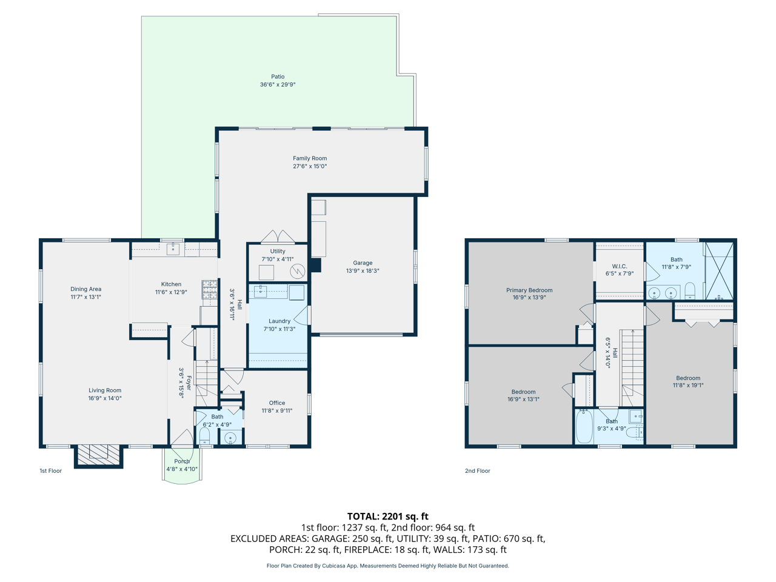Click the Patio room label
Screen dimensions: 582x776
(x=278, y=76)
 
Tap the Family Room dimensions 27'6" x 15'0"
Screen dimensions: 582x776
(x=310, y=166)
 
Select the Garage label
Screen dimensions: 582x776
(x=363, y=263)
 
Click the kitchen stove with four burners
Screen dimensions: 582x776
(x=209, y=289)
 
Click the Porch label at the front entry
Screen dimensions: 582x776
(x=182, y=461)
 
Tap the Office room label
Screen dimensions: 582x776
(x=277, y=403)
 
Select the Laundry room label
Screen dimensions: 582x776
(x=279, y=321)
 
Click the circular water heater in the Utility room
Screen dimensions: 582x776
(x=297, y=271)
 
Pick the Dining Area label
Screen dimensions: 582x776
(x=86, y=289)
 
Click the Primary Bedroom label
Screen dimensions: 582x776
(x=529, y=290)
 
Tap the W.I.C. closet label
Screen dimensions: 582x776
(x=620, y=266)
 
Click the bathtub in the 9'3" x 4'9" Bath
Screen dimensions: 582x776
(x=584, y=427)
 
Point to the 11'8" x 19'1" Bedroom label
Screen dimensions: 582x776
(x=688, y=378)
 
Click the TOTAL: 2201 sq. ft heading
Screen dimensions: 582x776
(x=388, y=517)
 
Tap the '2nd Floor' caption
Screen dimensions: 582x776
(x=478, y=470)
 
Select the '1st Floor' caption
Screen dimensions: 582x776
(x=51, y=470)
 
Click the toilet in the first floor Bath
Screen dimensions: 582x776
(x=204, y=436)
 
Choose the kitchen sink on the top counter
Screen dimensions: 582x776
(x=173, y=249)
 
